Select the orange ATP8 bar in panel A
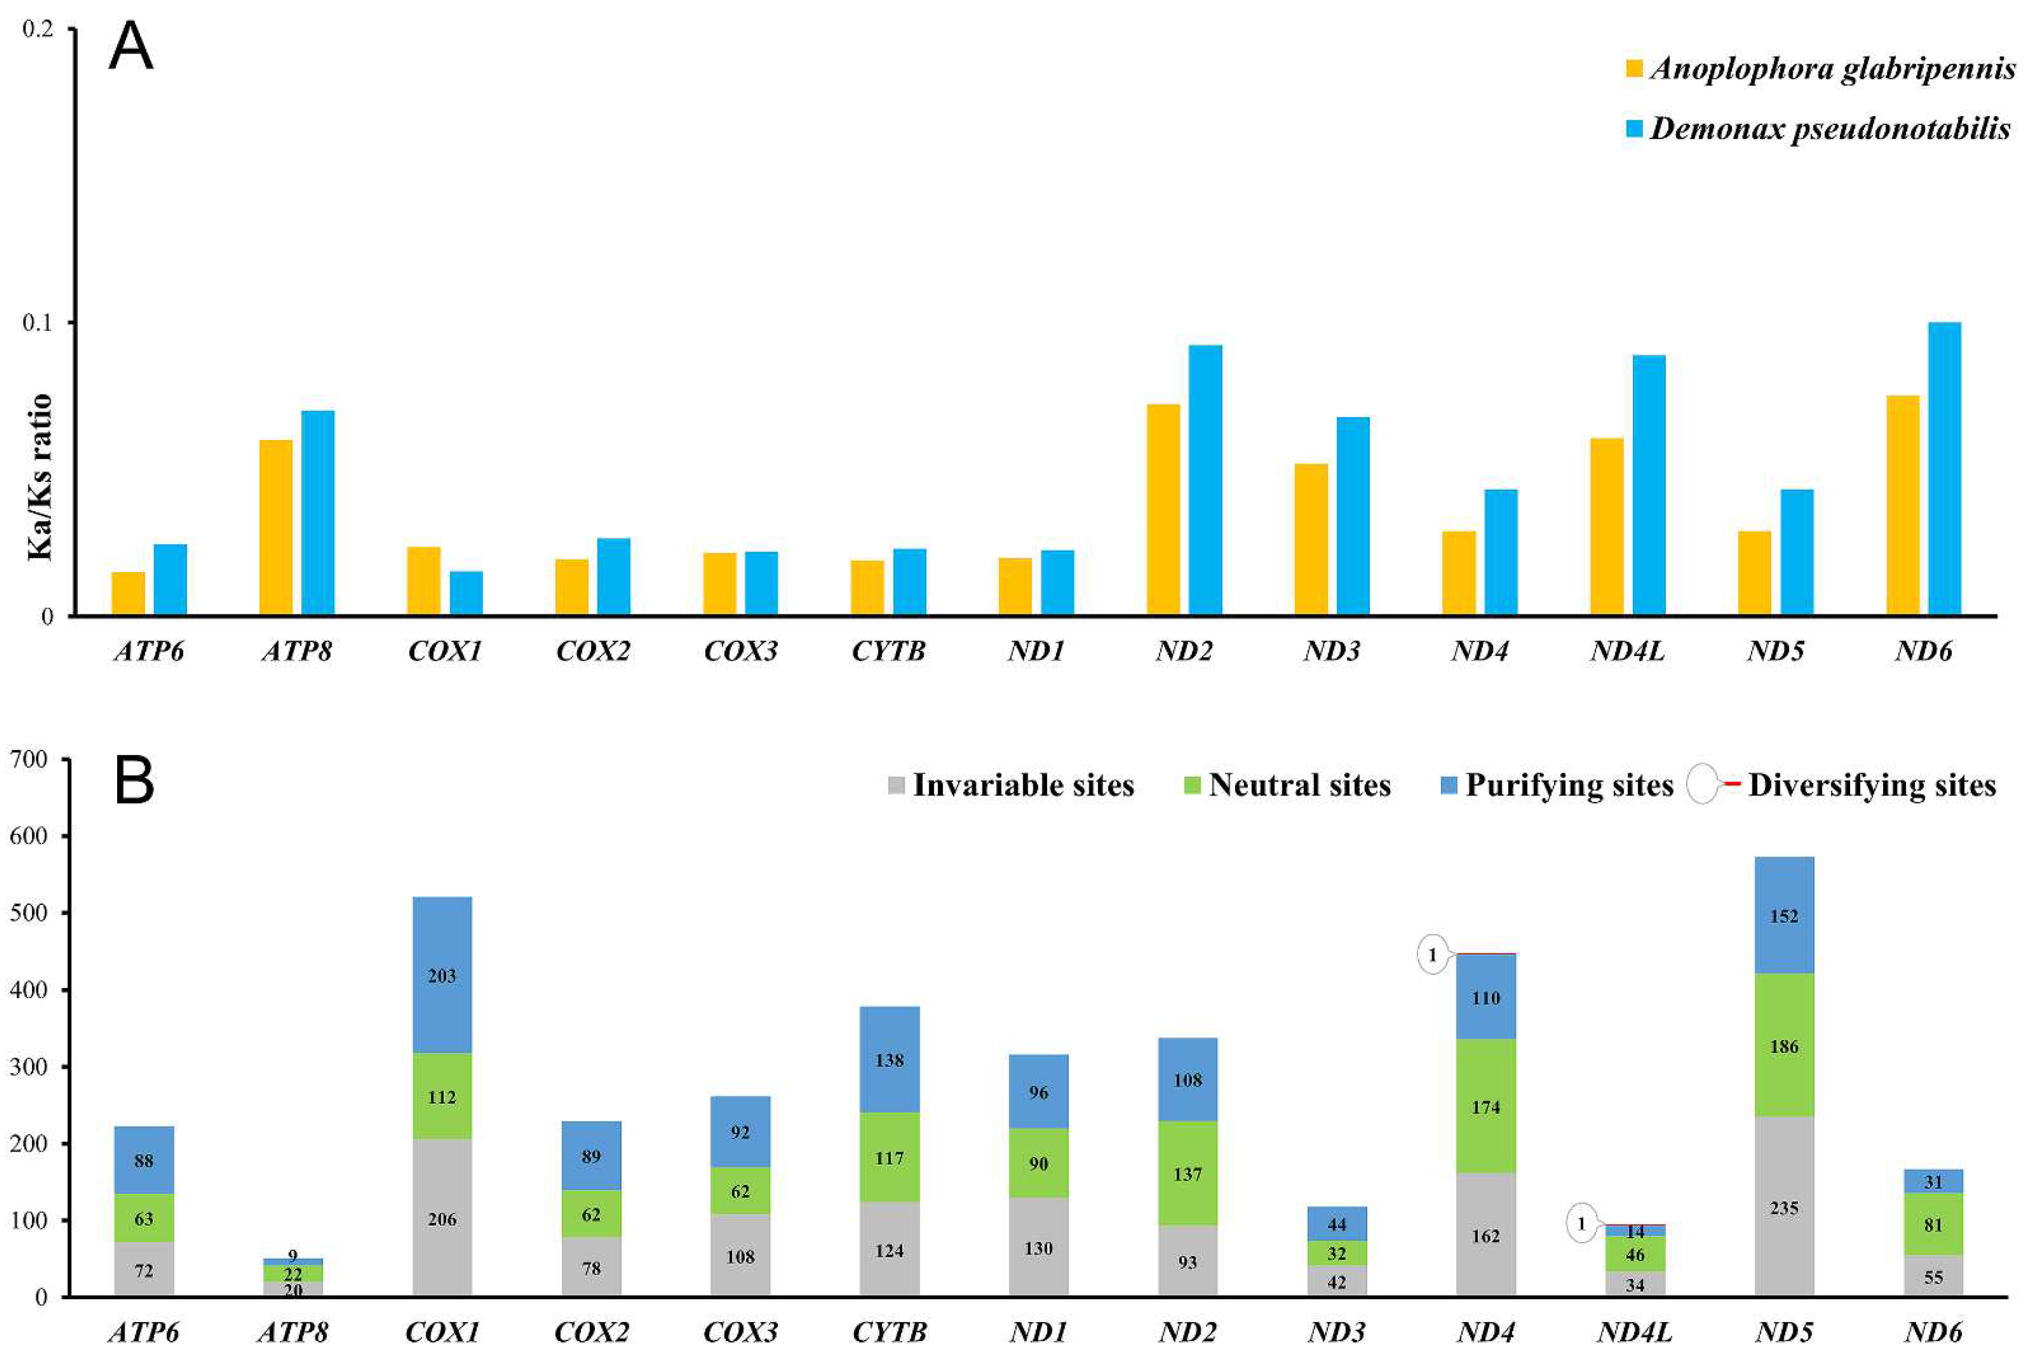[276, 528]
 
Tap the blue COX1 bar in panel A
[466, 593]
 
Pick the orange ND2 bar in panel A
[1163, 510]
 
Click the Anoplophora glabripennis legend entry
[1820, 69]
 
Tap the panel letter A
[130, 48]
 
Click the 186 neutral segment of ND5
[1784, 1046]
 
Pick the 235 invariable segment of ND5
[1784, 1207]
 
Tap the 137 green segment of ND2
[1187, 1173]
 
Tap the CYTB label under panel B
[889, 1332]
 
